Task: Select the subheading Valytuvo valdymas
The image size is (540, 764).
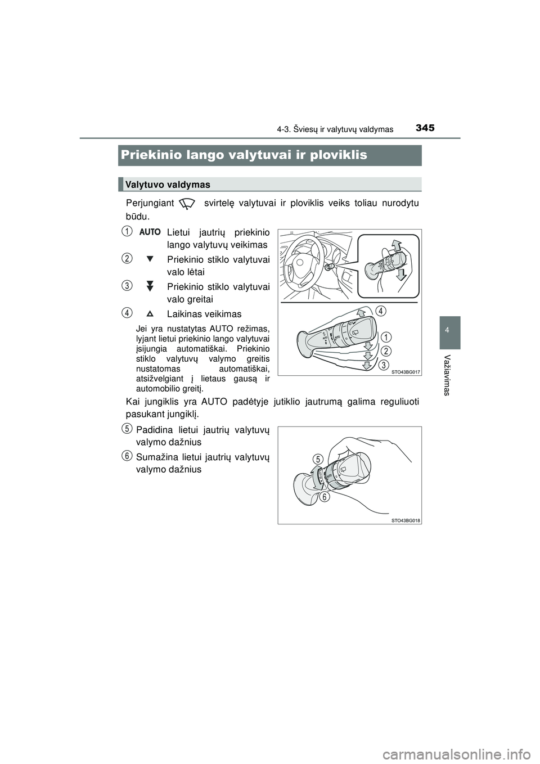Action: coord(168,185)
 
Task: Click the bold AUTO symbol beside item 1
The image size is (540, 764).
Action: coord(150,232)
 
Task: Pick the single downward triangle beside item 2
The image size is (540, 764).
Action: coord(150,259)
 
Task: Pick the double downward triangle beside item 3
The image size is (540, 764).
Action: coord(150,286)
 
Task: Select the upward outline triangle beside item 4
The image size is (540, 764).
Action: coord(150,313)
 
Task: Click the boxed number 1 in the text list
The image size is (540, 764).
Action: coord(128,230)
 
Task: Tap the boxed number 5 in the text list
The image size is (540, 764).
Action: coord(128,429)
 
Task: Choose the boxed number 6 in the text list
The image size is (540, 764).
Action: coord(128,455)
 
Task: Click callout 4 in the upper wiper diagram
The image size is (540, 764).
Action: coord(381,311)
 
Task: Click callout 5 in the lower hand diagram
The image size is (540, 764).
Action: coord(318,460)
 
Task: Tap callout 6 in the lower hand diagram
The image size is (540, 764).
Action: coord(325,497)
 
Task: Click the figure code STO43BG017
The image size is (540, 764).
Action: coord(406,372)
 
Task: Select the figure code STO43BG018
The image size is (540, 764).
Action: coord(406,520)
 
